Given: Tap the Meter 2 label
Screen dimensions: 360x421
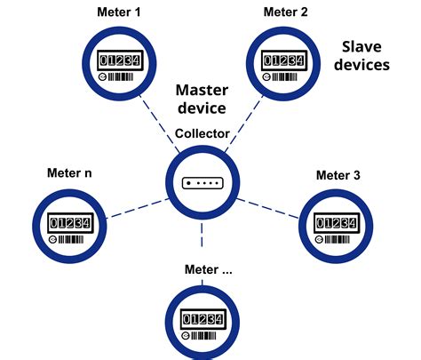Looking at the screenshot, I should coord(285,12).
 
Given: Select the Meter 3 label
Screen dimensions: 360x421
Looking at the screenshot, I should coord(338,175).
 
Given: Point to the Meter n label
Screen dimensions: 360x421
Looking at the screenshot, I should coord(70,171).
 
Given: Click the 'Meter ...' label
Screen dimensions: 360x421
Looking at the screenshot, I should coord(208,269).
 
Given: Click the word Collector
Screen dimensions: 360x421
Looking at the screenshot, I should coord(203,134).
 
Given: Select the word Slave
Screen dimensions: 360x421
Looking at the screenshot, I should coord(365,46).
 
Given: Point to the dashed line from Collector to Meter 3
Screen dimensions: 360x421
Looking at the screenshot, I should coord(270,204).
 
